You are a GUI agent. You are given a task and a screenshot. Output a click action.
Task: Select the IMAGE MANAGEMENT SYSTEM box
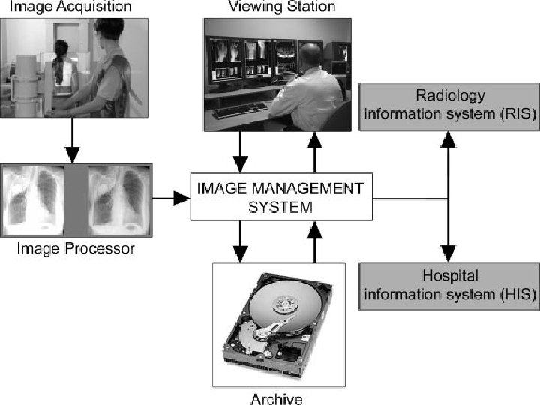281,196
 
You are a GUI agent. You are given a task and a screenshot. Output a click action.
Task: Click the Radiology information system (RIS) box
449,105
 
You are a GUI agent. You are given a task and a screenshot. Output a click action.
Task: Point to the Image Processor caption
76,248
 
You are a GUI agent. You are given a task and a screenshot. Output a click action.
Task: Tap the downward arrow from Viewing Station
240,154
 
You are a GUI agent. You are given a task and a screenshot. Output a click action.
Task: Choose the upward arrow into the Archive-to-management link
315,240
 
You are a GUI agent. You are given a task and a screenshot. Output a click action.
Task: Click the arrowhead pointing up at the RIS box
448,139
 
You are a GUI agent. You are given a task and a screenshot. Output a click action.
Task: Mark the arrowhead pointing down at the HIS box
448,253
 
